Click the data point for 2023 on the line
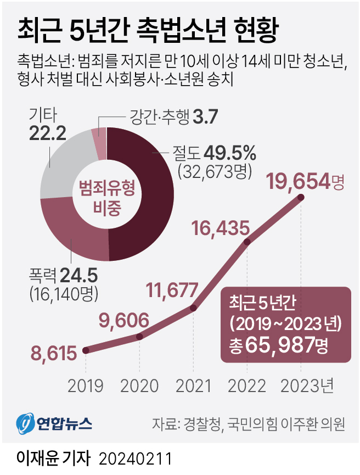[300, 197]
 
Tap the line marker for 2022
[248, 242]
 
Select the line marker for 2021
[193, 308]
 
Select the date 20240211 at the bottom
[136, 457]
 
